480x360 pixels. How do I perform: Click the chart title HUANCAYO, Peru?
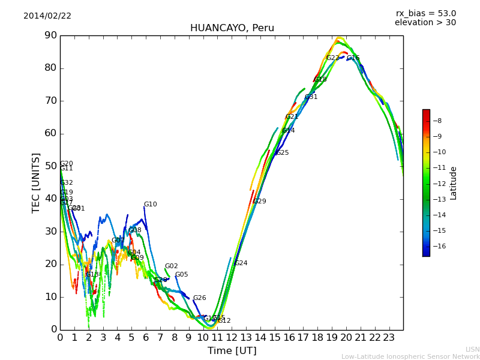click(232, 28)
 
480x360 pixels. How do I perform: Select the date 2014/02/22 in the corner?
click(47, 16)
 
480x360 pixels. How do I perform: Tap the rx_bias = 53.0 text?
click(425, 14)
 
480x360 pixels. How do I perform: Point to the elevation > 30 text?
click(425, 23)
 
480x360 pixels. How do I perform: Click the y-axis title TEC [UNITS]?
click(36, 182)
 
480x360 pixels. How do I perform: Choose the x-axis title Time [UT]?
click(232, 351)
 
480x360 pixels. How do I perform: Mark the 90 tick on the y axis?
click(50, 35)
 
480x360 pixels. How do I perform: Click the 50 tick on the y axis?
click(50, 166)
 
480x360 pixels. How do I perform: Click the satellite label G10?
click(150, 205)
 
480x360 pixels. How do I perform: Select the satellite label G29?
click(259, 202)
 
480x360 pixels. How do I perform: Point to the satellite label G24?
click(241, 263)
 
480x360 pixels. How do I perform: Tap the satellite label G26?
click(199, 298)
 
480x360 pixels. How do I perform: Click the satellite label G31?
click(311, 97)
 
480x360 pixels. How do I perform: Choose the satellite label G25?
click(282, 153)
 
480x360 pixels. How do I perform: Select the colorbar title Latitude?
click(454, 183)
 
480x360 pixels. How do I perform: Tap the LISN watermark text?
click(472, 349)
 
